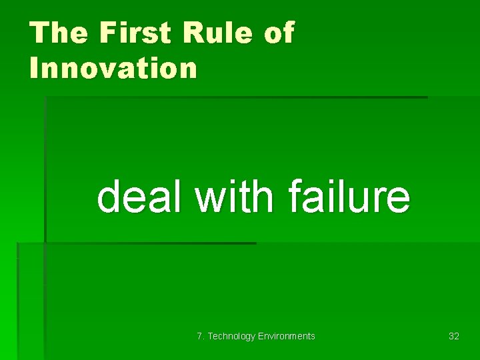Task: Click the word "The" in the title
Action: coord(57,33)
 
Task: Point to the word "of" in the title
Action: coord(279,33)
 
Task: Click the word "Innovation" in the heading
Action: coord(113,67)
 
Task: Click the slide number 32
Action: coord(454,336)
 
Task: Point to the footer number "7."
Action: coord(201,336)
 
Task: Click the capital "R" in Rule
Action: coord(196,33)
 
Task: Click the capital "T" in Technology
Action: coord(211,336)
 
